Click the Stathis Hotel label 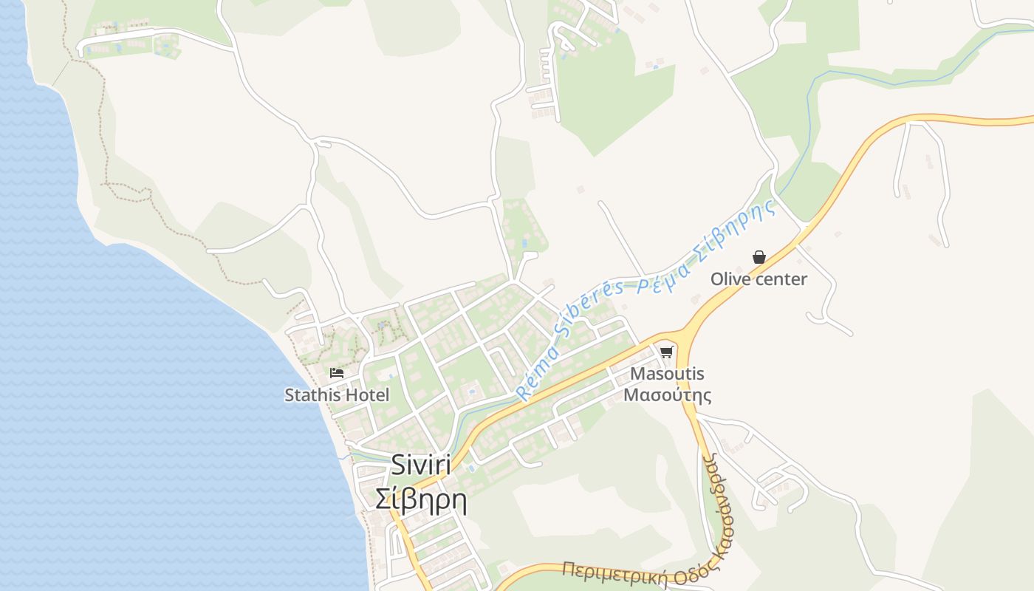click(x=337, y=395)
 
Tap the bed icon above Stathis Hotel click(x=337, y=373)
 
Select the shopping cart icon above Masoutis click(x=666, y=352)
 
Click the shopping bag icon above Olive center click(x=759, y=257)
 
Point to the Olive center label click(x=759, y=279)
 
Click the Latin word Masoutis click(x=667, y=374)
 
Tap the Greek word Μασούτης click(x=667, y=394)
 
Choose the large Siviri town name click(x=420, y=465)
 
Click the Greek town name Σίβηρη click(x=420, y=499)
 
